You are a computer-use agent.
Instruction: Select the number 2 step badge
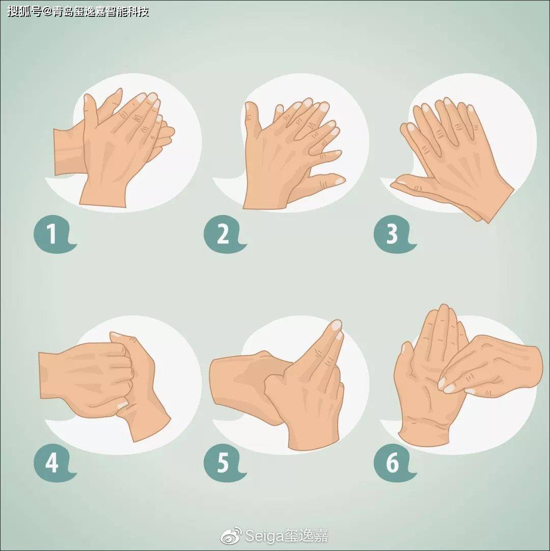[x=224, y=234]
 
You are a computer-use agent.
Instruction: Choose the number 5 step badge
[x=224, y=462]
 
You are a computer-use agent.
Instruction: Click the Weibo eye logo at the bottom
[x=231, y=536]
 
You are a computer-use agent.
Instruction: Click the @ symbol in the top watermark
[x=47, y=12]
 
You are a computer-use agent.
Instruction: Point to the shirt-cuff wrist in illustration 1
[x=69, y=151]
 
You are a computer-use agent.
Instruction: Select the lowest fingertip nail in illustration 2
[x=340, y=180]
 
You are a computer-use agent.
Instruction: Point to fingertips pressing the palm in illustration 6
[x=448, y=385]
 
